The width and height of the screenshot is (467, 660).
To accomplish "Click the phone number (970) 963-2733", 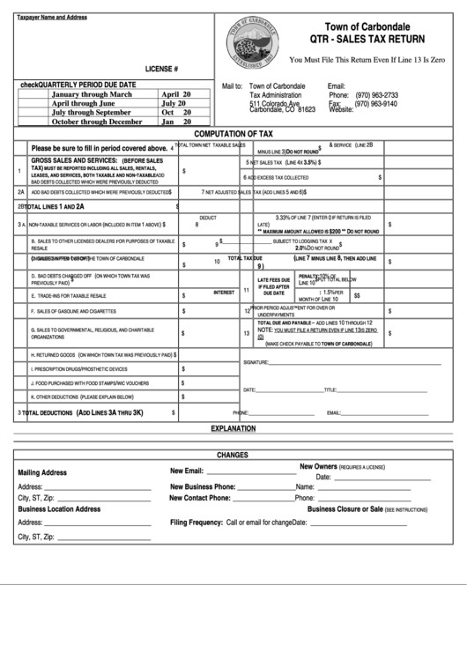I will [375, 95].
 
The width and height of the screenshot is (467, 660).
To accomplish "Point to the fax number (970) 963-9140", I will [375, 103].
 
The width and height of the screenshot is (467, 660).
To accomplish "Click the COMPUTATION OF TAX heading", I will [233, 133].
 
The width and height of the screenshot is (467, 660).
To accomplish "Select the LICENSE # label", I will [162, 68].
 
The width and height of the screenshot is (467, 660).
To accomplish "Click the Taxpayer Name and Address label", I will [52, 18].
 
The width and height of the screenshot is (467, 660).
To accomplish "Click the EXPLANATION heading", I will [233, 428].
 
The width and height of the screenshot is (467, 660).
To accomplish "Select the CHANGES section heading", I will [233, 455].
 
